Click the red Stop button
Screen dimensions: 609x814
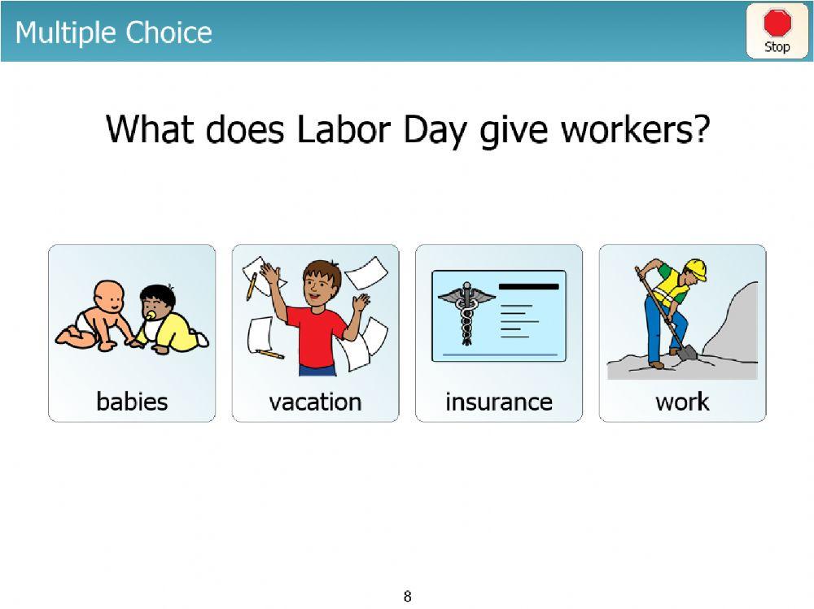[777, 31]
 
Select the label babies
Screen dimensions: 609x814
[132, 402]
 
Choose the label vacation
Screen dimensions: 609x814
[315, 402]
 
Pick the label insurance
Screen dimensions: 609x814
[498, 402]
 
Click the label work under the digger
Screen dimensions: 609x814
[682, 402]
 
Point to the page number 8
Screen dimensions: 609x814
[407, 597]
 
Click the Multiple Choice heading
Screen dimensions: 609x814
[113, 33]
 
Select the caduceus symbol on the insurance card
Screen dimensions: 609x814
[466, 313]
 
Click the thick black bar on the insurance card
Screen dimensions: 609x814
[528, 286]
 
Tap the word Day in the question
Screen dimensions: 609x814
[432, 129]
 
